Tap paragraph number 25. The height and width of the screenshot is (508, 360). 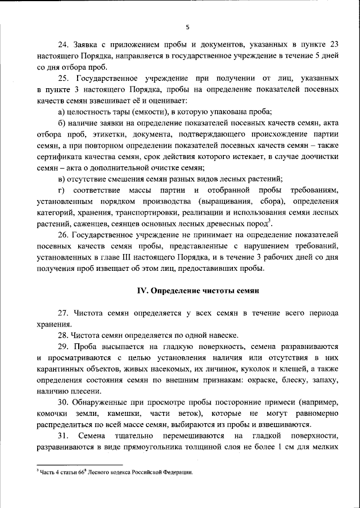[x=64, y=78]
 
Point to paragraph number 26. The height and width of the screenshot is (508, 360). [x=64, y=239]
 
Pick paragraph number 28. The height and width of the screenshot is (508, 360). [x=64, y=334]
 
